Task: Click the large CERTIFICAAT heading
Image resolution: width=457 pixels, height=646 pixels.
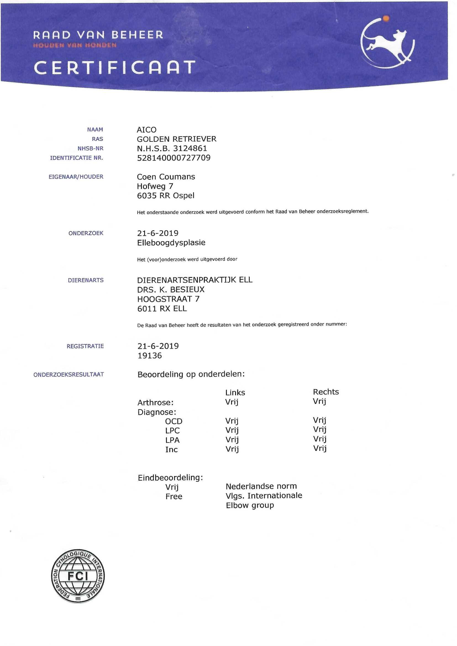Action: [115, 67]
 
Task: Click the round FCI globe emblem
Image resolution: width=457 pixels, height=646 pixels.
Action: [78, 576]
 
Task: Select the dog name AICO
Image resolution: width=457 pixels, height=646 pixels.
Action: [146, 130]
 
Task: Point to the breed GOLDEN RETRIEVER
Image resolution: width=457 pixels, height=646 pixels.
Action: [177, 139]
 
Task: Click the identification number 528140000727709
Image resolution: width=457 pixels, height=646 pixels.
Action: [174, 158]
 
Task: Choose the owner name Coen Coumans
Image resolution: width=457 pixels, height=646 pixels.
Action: [166, 177]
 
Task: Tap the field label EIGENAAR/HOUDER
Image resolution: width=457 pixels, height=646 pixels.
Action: [76, 177]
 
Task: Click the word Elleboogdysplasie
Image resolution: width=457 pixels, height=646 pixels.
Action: [171, 243]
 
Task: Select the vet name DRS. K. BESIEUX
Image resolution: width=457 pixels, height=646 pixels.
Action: [170, 290]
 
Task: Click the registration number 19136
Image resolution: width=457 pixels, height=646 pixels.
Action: [149, 356]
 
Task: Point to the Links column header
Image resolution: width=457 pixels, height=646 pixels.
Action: [235, 393]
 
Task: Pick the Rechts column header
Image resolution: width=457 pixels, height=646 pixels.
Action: [325, 392]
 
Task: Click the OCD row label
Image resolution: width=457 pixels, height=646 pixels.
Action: [174, 421]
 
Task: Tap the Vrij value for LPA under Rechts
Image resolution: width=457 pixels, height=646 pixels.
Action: [320, 439]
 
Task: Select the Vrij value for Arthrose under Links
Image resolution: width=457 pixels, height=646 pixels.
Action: [232, 402]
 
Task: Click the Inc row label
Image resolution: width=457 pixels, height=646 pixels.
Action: [171, 449]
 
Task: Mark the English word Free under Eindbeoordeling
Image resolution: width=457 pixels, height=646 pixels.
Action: [174, 496]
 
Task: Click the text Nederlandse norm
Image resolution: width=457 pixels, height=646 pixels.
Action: [261, 486]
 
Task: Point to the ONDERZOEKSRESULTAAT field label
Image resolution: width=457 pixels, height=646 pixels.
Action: [69, 374]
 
